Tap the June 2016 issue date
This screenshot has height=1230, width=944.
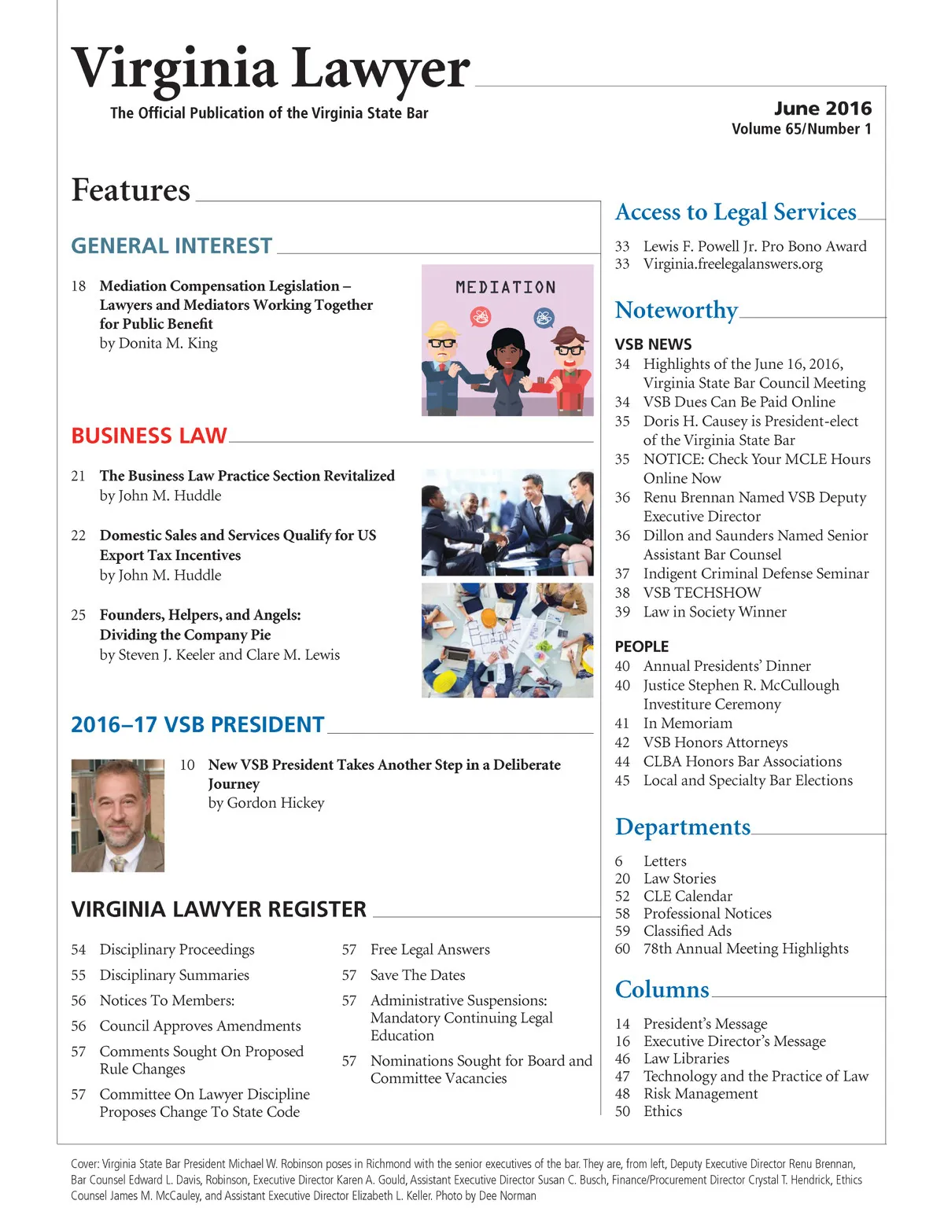click(822, 109)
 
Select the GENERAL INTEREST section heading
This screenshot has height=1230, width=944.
click(171, 246)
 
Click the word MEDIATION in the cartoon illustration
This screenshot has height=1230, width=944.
click(506, 288)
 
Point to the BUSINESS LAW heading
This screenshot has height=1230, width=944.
click(149, 436)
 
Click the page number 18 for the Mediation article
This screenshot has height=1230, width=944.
click(79, 286)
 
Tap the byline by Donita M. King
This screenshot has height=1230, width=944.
click(158, 344)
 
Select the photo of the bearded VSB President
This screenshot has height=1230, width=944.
click(118, 815)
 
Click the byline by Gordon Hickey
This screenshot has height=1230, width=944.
click(266, 803)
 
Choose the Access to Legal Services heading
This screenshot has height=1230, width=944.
click(736, 212)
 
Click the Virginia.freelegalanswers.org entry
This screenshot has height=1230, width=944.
click(732, 264)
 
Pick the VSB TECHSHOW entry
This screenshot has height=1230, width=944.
click(702, 593)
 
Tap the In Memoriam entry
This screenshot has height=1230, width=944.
click(688, 724)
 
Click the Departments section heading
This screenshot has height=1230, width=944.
click(683, 827)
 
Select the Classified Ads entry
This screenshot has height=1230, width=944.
click(687, 931)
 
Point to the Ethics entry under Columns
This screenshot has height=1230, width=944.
click(662, 1111)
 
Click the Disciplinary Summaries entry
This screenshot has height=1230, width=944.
click(174, 975)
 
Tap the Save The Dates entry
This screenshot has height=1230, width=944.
click(418, 975)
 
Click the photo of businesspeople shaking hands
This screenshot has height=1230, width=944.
click(507, 522)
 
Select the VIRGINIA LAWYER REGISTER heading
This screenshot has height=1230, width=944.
click(219, 910)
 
